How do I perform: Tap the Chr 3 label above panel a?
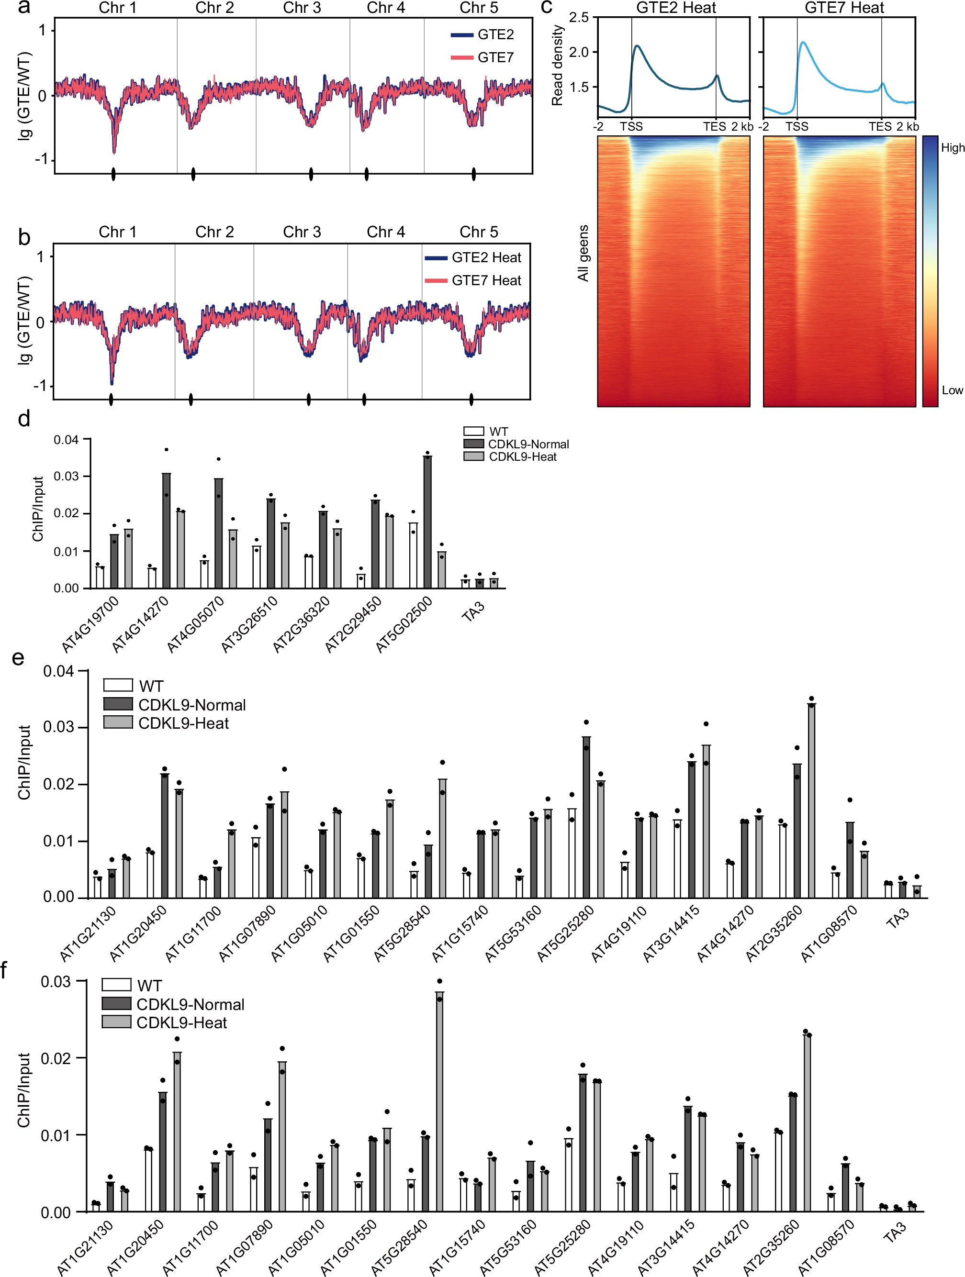click(302, 8)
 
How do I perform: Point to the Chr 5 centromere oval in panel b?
click(471, 399)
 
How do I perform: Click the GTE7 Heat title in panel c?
click(844, 8)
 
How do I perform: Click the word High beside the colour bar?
click(952, 148)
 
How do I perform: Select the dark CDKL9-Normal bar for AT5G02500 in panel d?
click(427, 522)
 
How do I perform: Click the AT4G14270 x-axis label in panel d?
click(141, 625)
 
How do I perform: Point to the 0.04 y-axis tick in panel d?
click(66, 440)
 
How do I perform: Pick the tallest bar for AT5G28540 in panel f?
click(439, 1101)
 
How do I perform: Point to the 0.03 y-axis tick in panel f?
click(56, 981)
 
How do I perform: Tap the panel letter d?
click(23, 419)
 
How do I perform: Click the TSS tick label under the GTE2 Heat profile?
click(631, 126)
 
